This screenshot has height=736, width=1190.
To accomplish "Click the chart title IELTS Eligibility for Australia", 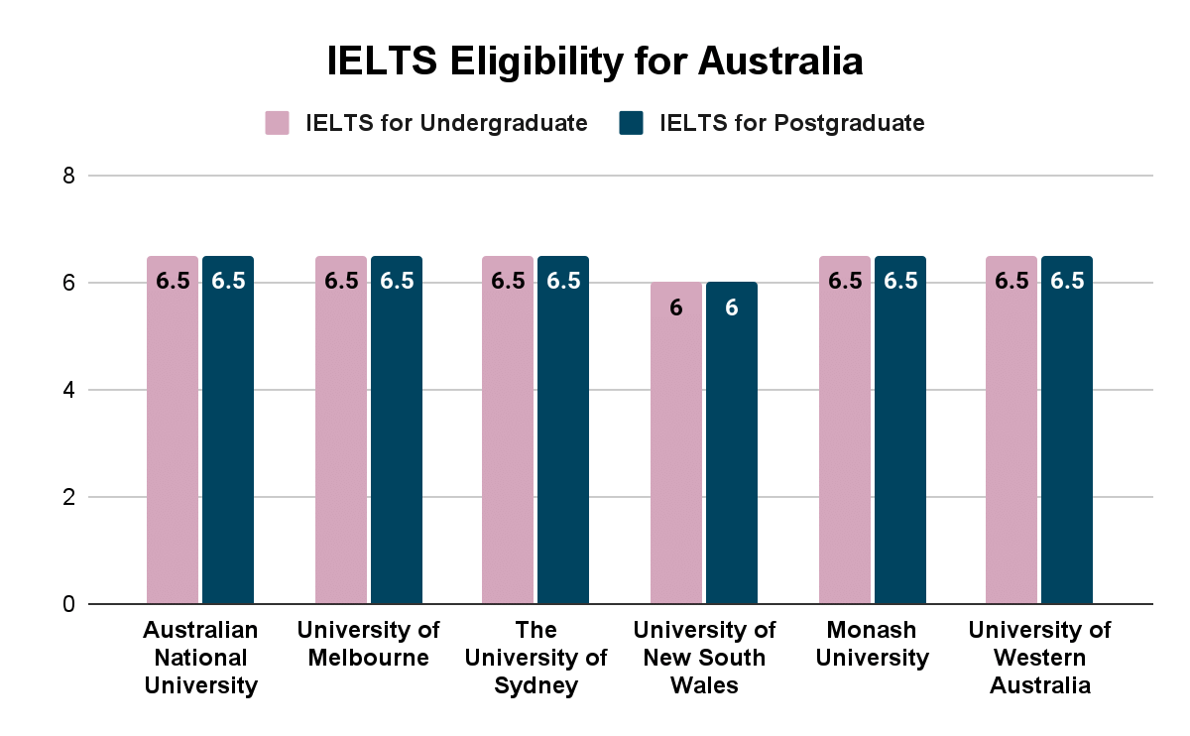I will coord(595,61).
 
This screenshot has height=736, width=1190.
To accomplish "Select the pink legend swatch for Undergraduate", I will coord(277,123).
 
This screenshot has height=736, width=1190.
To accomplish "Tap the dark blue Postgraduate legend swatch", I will coord(631,123).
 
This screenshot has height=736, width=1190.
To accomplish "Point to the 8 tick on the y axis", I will coord(68,177).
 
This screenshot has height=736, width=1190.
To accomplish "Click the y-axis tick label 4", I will coord(68,390).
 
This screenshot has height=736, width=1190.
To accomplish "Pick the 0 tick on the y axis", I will coord(68,603).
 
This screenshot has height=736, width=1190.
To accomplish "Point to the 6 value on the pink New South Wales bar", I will coord(676,307).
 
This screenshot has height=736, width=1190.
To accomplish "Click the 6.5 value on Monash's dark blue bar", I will coord(900,281).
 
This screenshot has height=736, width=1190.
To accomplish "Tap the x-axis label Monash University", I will coord(873,644).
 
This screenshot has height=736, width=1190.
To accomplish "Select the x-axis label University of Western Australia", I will coord(1039,657).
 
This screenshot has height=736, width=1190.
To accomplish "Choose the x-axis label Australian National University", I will coord(200,657).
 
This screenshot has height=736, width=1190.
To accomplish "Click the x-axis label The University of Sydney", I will coord(535,657).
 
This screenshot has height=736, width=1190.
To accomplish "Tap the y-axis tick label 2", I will coord(68,497).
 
